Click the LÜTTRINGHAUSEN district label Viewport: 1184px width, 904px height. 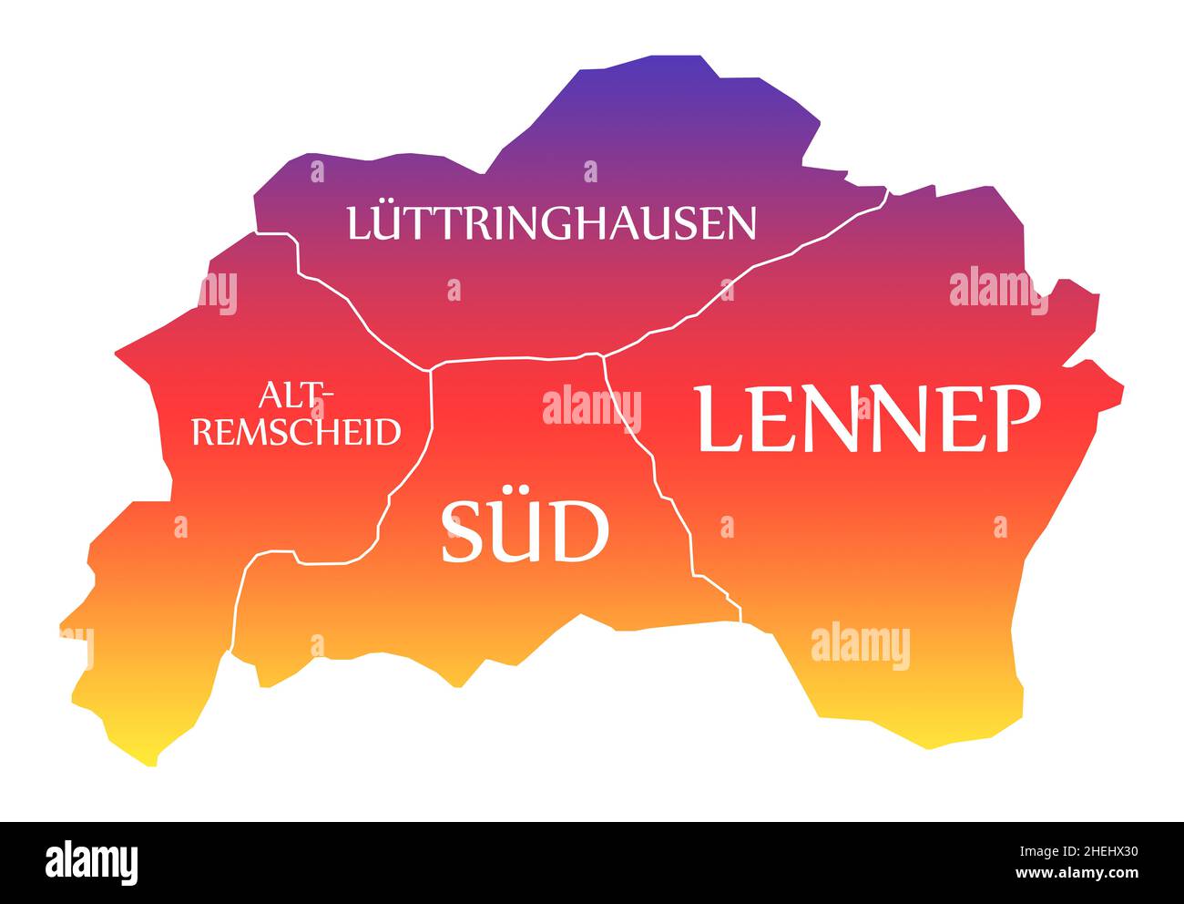[551, 223]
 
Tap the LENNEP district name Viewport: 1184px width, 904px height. [867, 419]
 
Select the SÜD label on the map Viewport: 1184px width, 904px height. [525, 532]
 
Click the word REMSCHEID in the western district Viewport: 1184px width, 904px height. [297, 431]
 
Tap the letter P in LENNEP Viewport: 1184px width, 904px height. [1015, 419]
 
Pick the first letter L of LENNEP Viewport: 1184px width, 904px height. [720, 419]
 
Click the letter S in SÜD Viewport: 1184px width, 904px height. [463, 532]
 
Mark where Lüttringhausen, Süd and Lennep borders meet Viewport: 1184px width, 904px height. [602, 354]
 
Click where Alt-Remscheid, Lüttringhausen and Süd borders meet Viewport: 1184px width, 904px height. [430, 369]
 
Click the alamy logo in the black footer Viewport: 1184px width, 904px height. [92, 861]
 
